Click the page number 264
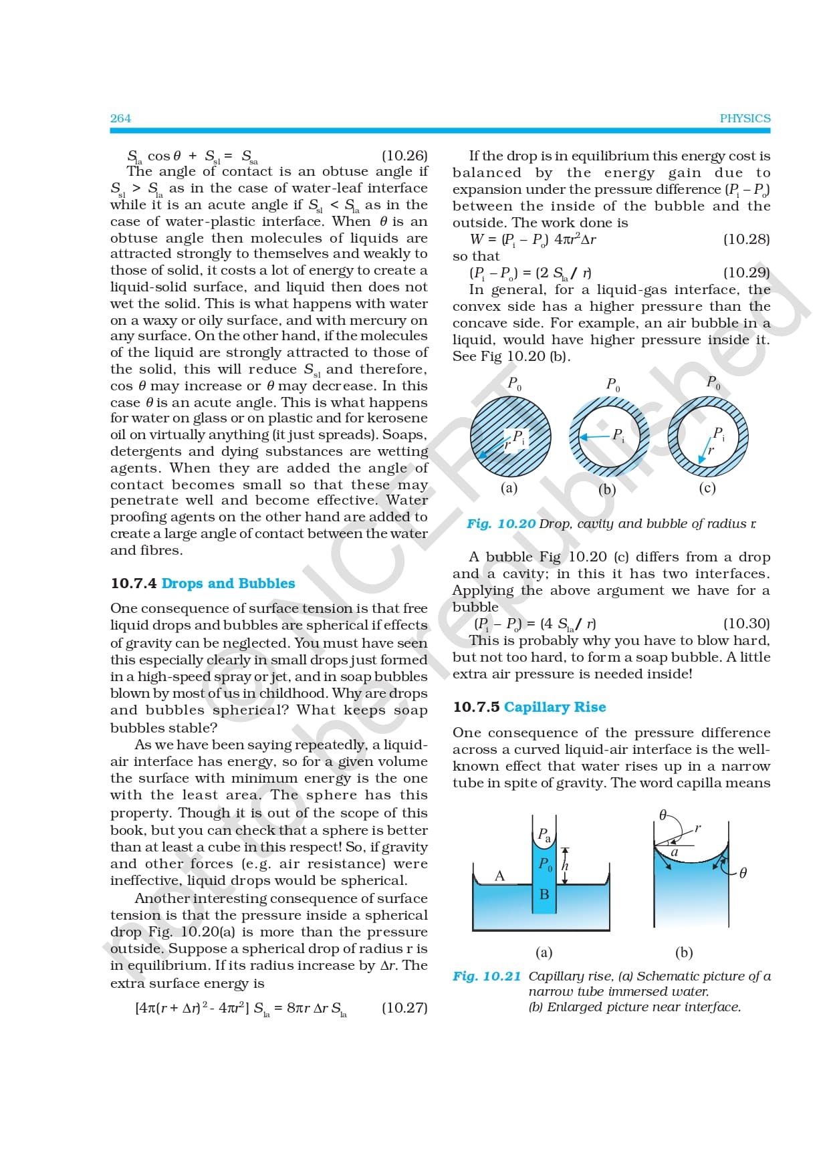(120, 118)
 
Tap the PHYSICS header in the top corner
(745, 118)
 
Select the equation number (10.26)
(404, 156)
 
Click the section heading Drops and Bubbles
(228, 583)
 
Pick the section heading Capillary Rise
(555, 707)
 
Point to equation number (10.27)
(404, 1008)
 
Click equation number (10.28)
(746, 239)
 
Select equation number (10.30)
(746, 624)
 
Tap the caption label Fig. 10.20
(501, 524)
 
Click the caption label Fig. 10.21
(487, 976)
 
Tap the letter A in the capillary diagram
(499, 876)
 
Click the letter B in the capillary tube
(544, 894)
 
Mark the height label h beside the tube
(565, 866)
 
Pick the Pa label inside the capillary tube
(544, 835)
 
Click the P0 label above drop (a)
(514, 384)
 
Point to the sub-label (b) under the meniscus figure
(683, 952)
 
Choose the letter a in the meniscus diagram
(675, 852)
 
